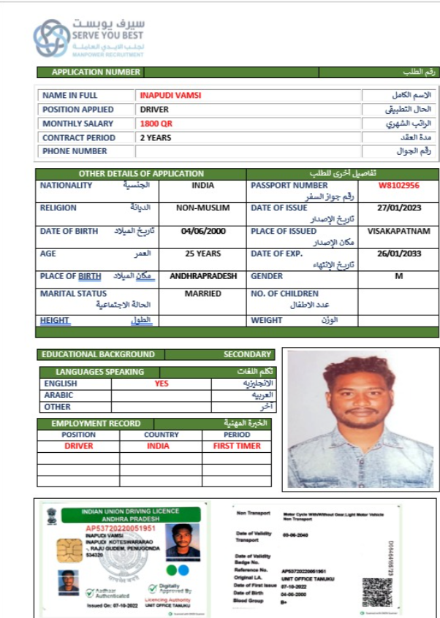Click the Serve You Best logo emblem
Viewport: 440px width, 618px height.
(51, 39)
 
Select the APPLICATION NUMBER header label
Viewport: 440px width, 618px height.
(96, 72)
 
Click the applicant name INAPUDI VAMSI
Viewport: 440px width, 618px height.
(170, 95)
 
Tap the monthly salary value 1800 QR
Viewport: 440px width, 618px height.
(156, 123)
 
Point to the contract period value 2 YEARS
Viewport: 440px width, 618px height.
(156, 137)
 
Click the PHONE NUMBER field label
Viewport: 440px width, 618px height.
(75, 151)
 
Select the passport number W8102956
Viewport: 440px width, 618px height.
(398, 186)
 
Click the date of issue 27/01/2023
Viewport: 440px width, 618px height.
(398, 208)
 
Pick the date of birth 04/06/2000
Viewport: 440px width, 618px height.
(202, 232)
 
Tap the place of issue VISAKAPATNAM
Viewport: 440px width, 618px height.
(398, 232)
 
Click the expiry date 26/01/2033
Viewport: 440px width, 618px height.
(398, 254)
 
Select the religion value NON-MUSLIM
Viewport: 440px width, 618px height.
(202, 208)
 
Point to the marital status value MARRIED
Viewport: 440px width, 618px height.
(202, 294)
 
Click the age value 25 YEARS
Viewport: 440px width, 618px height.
(202, 254)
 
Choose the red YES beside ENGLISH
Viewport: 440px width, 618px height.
(162, 384)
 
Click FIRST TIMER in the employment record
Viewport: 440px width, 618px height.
(237, 446)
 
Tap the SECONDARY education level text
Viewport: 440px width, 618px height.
(247, 354)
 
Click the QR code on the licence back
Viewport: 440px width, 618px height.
(377, 592)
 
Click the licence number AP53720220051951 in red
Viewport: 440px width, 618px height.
(121, 528)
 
